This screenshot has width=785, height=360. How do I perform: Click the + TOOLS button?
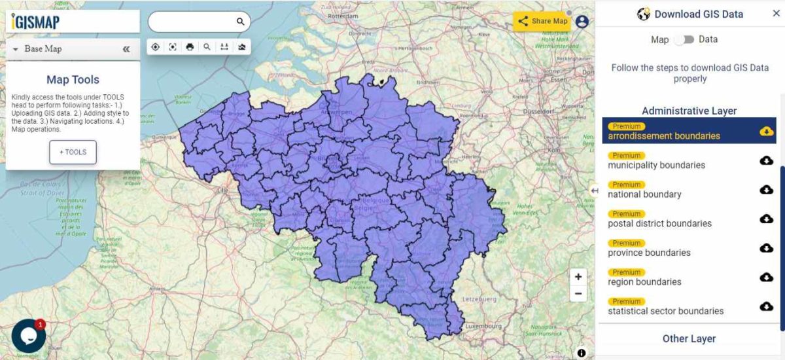pyautogui.click(x=73, y=152)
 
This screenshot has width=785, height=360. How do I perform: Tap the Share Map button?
pyautogui.click(x=542, y=21)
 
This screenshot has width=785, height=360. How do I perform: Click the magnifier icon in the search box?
pyautogui.click(x=240, y=22)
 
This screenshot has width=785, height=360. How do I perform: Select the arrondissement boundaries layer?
pyautogui.click(x=663, y=136)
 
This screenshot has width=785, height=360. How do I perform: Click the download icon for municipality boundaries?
pyautogui.click(x=767, y=160)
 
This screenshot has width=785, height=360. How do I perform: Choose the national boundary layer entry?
pyautogui.click(x=644, y=194)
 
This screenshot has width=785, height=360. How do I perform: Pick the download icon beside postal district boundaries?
pyautogui.click(x=767, y=219)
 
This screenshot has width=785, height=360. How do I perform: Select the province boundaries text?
pyautogui.click(x=649, y=253)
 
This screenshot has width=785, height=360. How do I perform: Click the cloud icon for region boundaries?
pyautogui.click(x=767, y=278)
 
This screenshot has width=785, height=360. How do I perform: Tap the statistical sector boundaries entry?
pyautogui.click(x=665, y=311)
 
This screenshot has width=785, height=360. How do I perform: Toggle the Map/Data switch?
pyautogui.click(x=684, y=39)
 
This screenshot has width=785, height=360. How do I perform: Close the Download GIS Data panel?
pyautogui.click(x=776, y=14)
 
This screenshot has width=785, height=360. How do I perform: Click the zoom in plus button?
pyautogui.click(x=578, y=277)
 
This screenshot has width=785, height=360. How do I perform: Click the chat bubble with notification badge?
pyautogui.click(x=29, y=336)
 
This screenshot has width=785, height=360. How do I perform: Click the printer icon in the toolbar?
pyautogui.click(x=190, y=46)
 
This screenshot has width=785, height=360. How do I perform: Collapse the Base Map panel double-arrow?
pyautogui.click(x=126, y=49)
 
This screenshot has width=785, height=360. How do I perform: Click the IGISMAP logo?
pyautogui.click(x=36, y=22)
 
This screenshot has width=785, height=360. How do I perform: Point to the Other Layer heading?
pyautogui.click(x=689, y=338)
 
